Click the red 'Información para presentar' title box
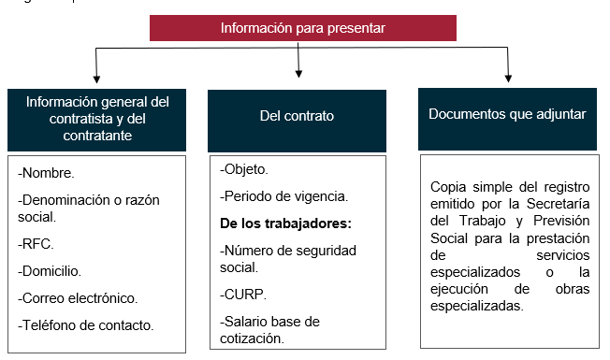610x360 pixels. coord(303,28)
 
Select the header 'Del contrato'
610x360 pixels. coord(297,116)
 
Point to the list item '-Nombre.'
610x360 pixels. coord(47,173)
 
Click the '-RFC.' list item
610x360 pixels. coord(36,244)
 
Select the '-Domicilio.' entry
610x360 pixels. coord(50,271)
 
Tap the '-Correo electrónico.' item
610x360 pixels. coord(78,298)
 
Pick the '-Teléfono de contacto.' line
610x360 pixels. coord(85,324)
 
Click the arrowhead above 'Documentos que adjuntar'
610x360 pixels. coord(508,77)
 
